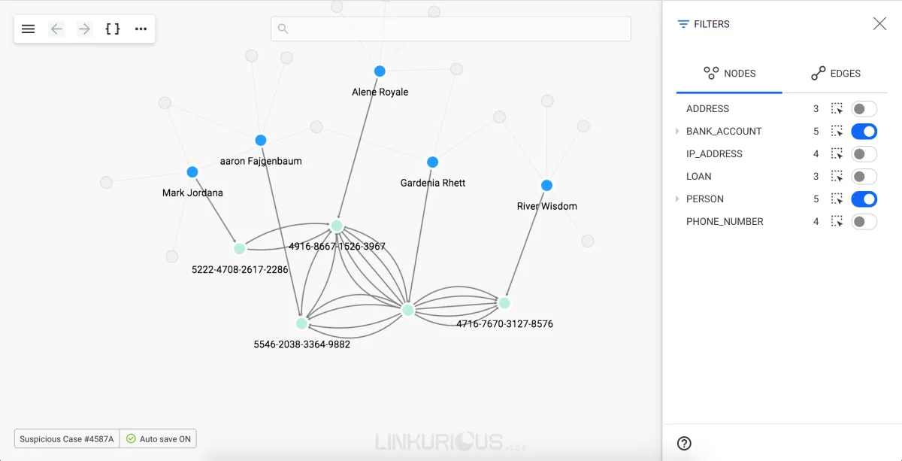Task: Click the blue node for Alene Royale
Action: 380,71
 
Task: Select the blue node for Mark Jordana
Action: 192,172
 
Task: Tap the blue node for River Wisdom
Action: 546,185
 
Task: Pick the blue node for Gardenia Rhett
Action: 432,162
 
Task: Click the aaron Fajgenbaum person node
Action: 261,140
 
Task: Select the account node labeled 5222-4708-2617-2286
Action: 240,249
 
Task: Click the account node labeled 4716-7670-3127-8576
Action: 504,303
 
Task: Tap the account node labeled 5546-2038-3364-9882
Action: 301,323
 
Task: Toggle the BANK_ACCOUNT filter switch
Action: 864,132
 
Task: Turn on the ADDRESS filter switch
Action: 864,109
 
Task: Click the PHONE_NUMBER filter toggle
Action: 864,222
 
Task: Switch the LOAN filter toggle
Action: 864,177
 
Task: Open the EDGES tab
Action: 836,74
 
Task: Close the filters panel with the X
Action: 879,24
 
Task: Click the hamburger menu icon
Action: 29,29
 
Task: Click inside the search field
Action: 451,29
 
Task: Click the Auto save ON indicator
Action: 159,438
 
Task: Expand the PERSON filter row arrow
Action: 677,199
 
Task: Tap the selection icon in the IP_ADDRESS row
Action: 837,154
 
